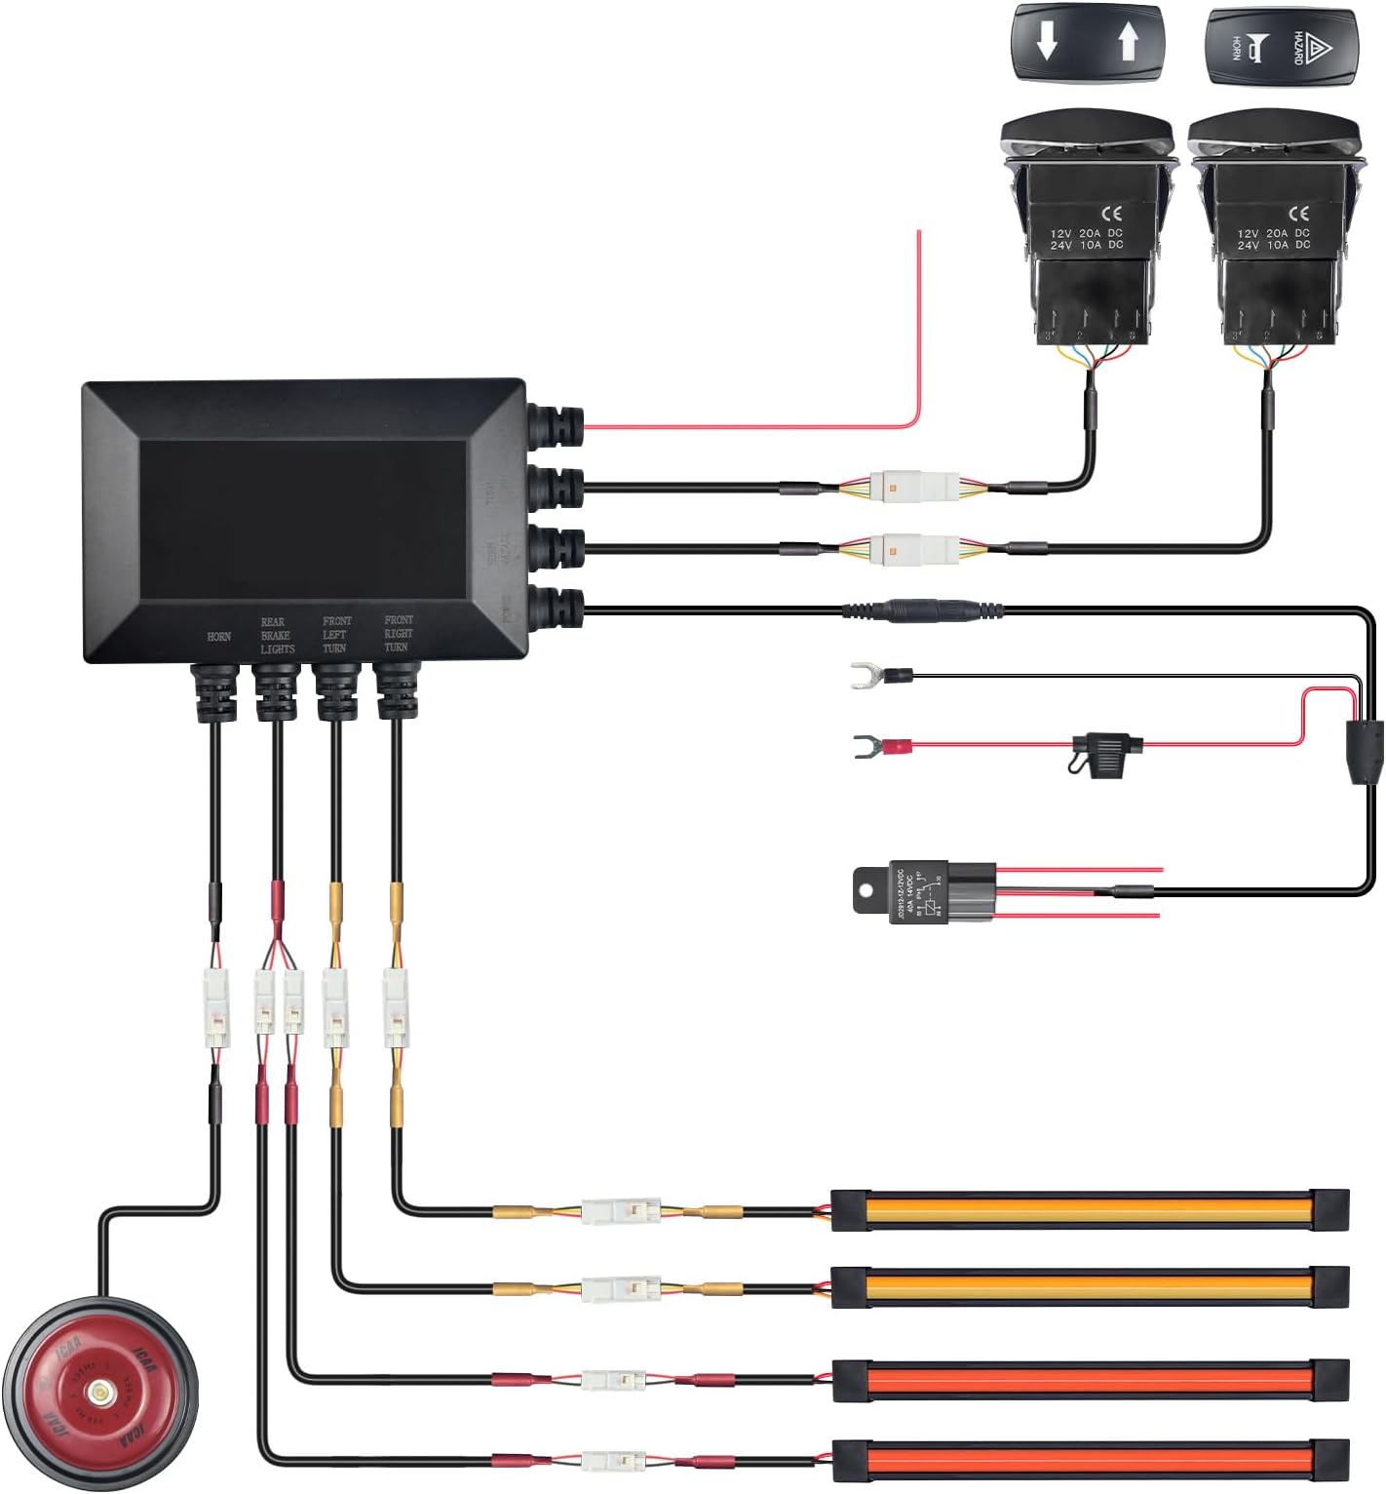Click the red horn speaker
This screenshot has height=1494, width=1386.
[99, 1390]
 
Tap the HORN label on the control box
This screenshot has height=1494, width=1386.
[218, 637]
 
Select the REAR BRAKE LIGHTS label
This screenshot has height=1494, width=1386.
[277, 635]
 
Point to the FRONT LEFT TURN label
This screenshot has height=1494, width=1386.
[336, 634]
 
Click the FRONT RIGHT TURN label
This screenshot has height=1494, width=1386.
[398, 633]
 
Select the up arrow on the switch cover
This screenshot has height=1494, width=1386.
[1129, 43]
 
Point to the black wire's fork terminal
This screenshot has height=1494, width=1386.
[862, 675]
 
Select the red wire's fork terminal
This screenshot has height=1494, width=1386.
[864, 748]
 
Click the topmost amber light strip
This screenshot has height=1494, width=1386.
[1089, 1210]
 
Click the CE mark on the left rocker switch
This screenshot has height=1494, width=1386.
[1111, 214]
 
